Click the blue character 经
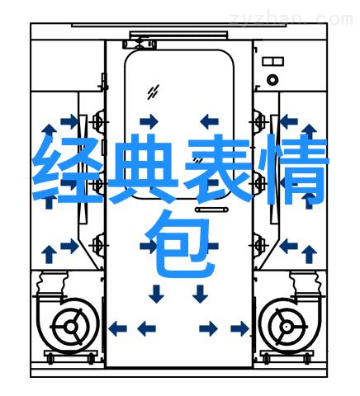(x=68, y=169)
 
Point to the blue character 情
(x=294, y=168)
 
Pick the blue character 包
(x=180, y=243)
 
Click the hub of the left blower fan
(x=71, y=327)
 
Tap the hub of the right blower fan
(x=287, y=327)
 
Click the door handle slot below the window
(x=211, y=210)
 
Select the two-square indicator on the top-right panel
(x=272, y=61)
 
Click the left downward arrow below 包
(x=157, y=294)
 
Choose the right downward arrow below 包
(x=200, y=294)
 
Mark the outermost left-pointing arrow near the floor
(x=117, y=328)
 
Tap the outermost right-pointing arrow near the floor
(x=239, y=328)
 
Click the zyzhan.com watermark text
(x=291, y=19)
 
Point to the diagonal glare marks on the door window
(x=153, y=92)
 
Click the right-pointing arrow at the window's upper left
(x=149, y=121)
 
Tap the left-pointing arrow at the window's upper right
(x=209, y=121)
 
